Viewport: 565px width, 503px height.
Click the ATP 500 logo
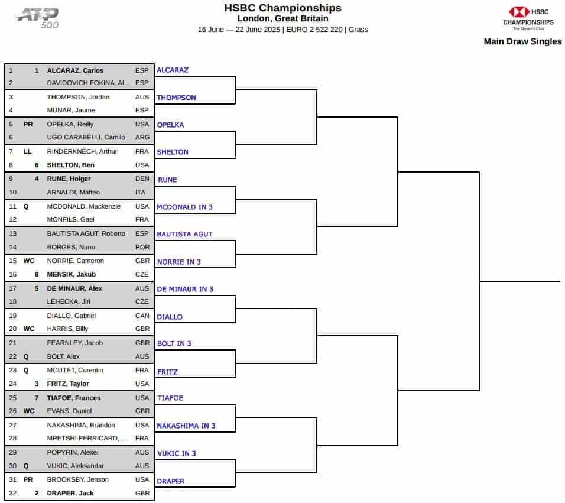38,18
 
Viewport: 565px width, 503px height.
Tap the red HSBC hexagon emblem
518,12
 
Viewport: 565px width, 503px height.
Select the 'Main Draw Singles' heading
522,41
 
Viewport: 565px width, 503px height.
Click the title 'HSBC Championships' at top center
282,8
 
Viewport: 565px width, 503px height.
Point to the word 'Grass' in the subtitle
358,30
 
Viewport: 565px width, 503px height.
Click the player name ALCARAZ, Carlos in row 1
75,70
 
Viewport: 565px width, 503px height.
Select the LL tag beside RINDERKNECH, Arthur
27,151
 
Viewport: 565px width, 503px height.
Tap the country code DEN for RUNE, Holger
142,179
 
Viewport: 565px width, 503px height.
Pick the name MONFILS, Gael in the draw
71,219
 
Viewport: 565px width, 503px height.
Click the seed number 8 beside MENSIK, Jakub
37,275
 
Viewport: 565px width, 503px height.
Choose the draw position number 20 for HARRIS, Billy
12,329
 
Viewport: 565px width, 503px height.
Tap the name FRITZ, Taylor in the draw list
68,384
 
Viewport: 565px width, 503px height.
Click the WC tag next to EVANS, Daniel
29,411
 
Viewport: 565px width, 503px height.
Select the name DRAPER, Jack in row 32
70,493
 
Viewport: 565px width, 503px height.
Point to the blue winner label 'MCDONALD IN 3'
184,207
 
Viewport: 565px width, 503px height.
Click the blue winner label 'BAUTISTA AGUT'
184,234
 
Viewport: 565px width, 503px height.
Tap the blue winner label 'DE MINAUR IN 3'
185,290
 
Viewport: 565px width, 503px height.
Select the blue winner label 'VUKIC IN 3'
177,453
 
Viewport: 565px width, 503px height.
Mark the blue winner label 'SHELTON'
173,152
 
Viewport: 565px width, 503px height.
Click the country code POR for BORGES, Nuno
142,247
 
